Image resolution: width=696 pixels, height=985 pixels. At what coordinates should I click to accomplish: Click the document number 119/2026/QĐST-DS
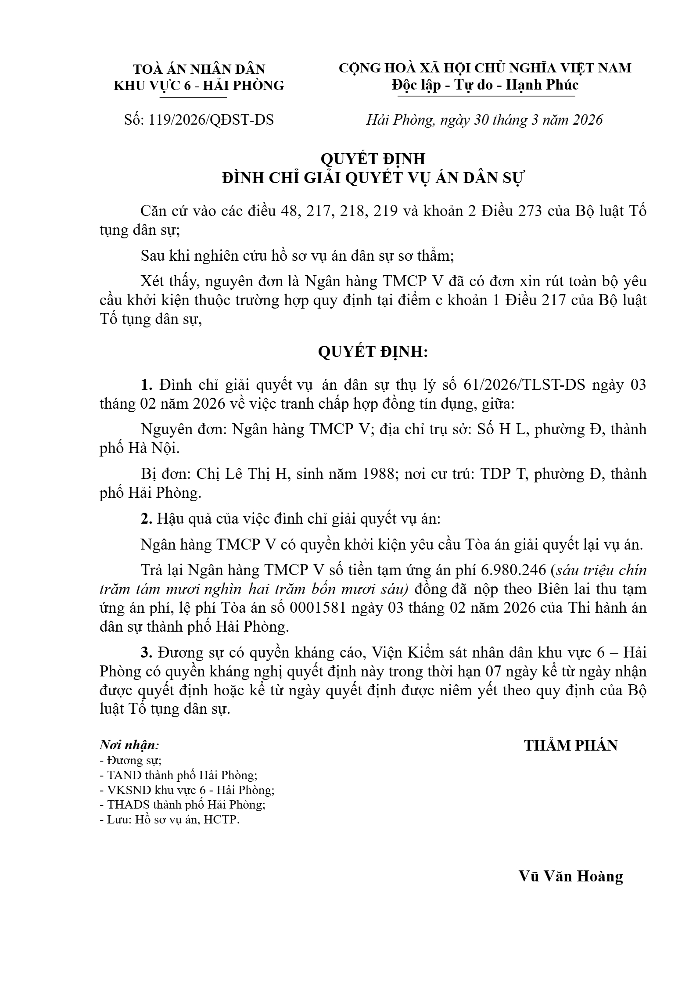[211, 120]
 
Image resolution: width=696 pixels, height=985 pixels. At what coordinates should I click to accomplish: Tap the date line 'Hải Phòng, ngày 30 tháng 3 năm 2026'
[484, 120]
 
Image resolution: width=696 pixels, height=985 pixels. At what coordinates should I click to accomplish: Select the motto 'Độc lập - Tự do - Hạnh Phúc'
[485, 85]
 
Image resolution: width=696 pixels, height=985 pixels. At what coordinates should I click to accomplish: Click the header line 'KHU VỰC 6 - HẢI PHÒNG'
[199, 86]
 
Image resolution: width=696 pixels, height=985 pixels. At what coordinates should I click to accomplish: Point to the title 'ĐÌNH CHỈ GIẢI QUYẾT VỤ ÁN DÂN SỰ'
[373, 178]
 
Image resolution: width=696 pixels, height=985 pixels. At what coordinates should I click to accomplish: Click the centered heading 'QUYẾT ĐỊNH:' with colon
[373, 352]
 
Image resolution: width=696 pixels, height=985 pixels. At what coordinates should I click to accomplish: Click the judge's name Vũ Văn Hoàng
[570, 876]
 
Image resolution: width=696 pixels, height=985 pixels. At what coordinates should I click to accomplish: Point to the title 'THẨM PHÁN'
[570, 745]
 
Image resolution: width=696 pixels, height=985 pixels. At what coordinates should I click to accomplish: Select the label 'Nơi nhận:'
[129, 745]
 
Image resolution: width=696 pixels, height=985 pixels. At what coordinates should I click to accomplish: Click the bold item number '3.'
[146, 653]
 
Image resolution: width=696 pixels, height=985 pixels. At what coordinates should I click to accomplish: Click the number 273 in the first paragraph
[532, 211]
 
